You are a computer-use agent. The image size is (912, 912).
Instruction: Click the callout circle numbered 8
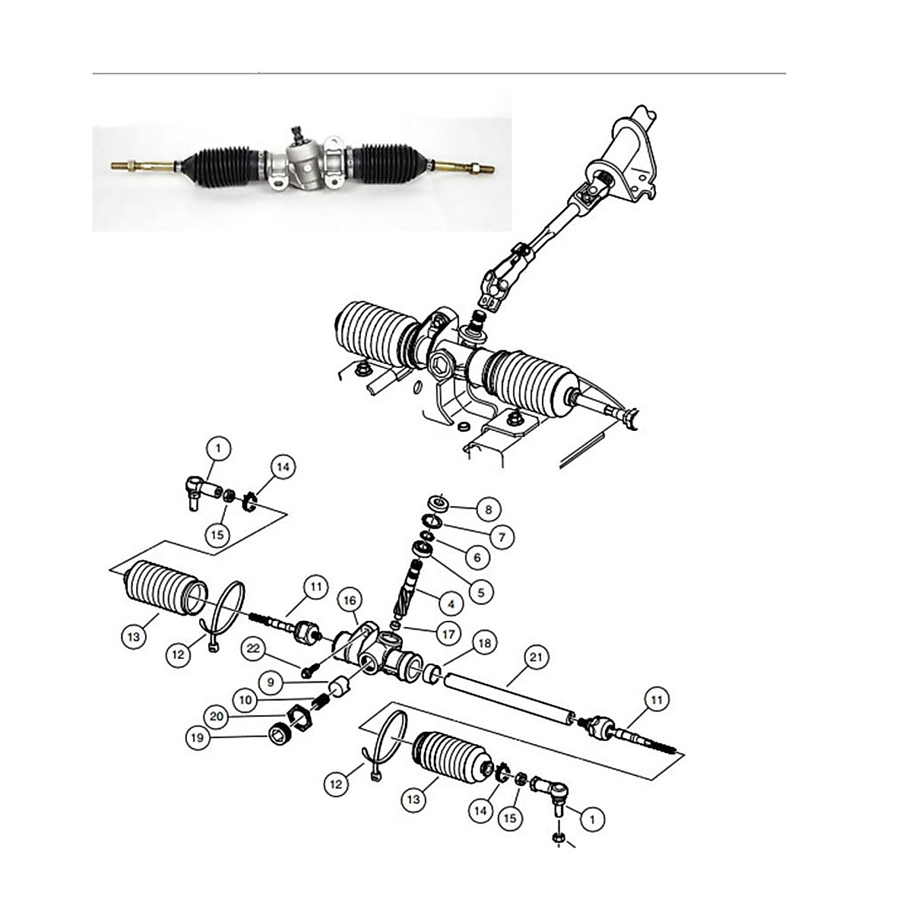[x=489, y=508]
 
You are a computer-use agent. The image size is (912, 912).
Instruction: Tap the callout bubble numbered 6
[x=477, y=558]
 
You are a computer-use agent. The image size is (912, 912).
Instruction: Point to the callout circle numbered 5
[x=480, y=589]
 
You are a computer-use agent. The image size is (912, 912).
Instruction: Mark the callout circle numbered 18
[x=485, y=643]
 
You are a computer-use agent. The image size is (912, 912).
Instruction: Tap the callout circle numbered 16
[x=349, y=600]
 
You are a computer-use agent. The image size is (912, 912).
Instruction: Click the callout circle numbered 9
[x=270, y=677]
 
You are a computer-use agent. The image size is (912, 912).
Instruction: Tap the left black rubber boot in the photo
[x=220, y=162]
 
